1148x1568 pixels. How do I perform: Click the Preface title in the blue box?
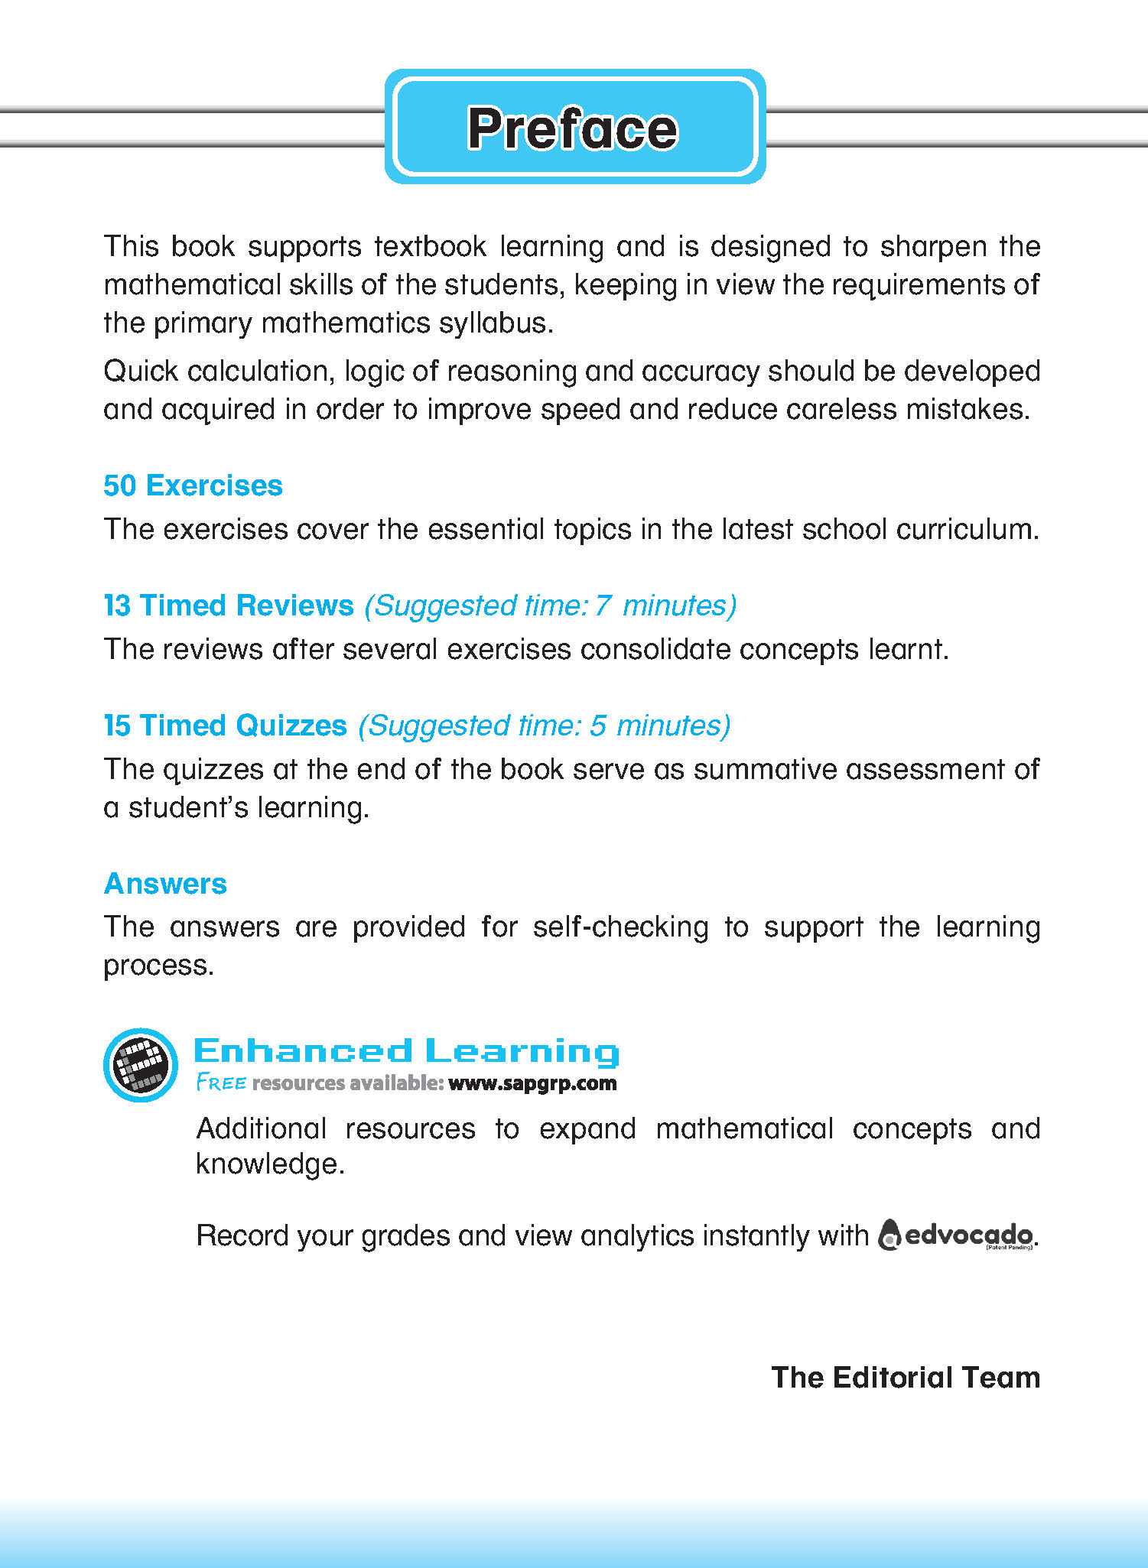point(573,128)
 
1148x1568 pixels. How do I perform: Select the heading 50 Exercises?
point(193,485)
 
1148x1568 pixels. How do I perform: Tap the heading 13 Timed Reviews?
point(229,605)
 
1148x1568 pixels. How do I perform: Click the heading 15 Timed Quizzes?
point(225,726)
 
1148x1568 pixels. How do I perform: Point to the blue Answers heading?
point(165,884)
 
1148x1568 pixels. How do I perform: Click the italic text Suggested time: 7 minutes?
point(550,605)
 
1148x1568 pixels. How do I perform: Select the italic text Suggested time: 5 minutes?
point(544,726)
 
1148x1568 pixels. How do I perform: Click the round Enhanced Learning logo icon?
point(141,1065)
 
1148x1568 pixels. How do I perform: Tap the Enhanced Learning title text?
point(406,1052)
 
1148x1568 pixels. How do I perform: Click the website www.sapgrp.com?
point(532,1083)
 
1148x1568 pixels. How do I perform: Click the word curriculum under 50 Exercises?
point(967,529)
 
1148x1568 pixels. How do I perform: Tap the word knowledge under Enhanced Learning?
point(269,1164)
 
